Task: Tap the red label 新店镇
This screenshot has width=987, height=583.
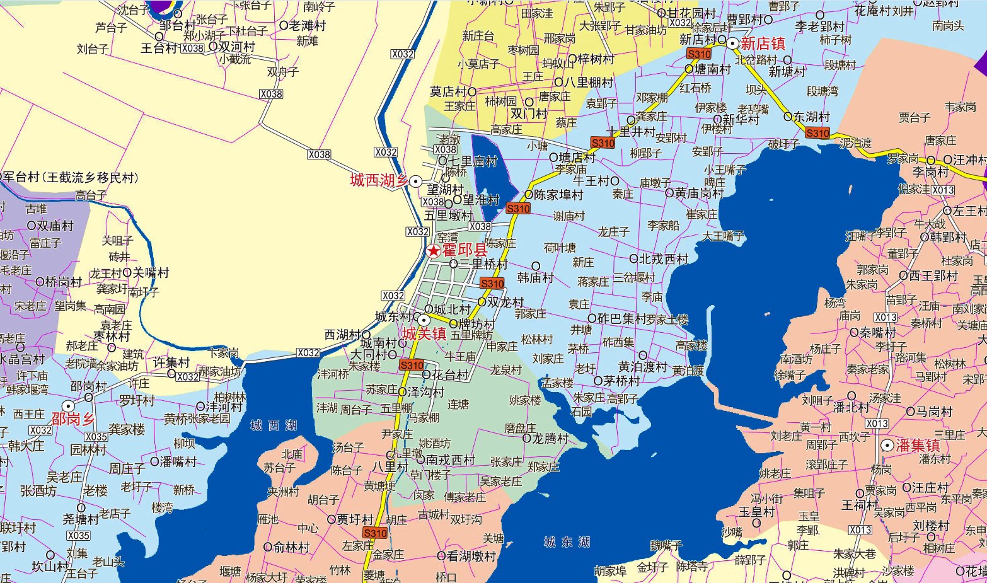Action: (763, 44)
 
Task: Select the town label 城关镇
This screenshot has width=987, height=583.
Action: (425, 334)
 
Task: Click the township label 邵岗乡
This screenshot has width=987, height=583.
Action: (73, 420)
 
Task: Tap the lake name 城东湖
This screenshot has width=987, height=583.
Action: (567, 542)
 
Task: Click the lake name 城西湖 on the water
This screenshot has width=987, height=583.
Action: (273, 426)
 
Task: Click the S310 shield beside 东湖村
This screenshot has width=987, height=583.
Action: (817, 133)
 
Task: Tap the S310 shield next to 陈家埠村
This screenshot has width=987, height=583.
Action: (518, 209)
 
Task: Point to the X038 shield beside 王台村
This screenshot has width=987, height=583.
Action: (193, 49)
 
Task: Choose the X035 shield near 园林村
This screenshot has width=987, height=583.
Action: (96, 437)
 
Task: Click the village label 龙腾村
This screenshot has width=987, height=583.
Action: (550, 438)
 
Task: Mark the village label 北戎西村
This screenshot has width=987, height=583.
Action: (664, 259)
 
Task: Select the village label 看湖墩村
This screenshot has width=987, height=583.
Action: (471, 557)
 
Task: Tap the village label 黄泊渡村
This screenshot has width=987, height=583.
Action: (642, 367)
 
